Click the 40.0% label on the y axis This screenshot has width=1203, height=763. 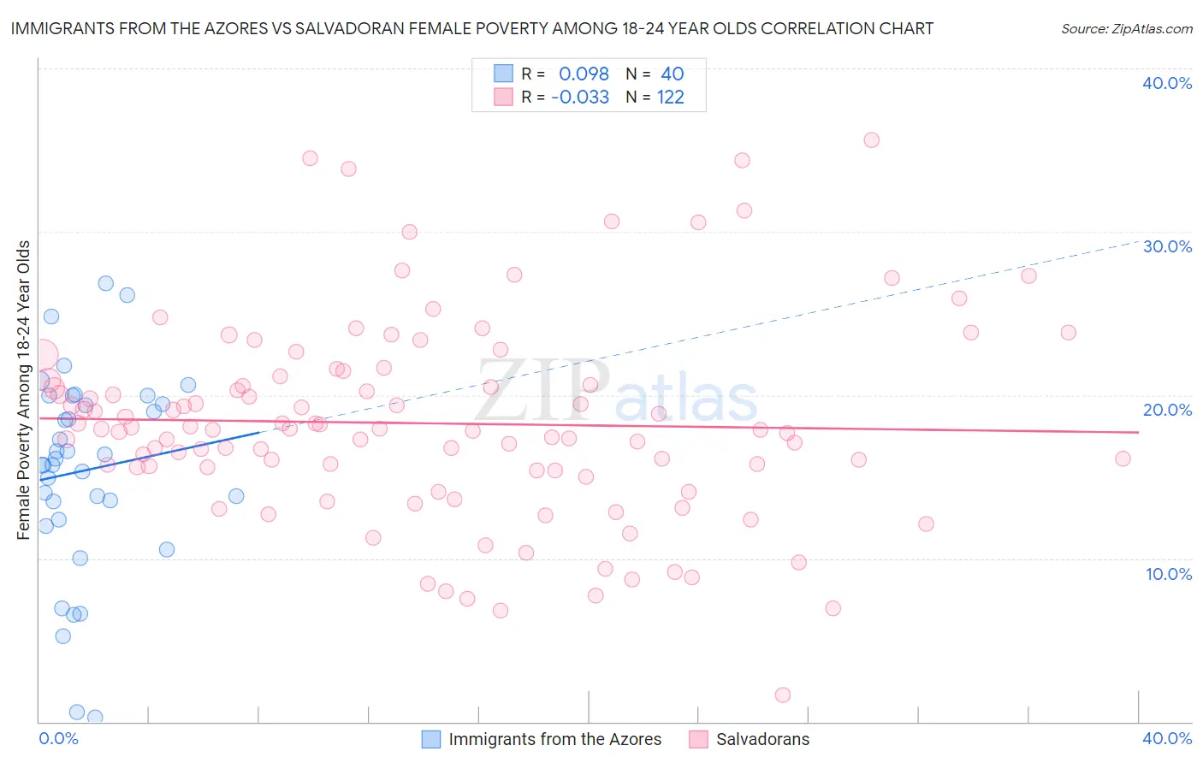coord(1167,83)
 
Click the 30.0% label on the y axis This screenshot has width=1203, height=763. coord(1167,246)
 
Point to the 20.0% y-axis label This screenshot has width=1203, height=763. coord(1167,410)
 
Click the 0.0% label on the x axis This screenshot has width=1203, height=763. coord(58,738)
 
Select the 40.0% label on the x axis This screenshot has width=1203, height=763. coord(1167,738)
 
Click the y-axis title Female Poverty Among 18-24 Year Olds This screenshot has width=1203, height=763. coord(24,390)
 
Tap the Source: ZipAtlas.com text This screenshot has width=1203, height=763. coord(1126,29)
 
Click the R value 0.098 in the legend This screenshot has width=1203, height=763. coord(584,74)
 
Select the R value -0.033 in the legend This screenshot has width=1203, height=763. coord(580,97)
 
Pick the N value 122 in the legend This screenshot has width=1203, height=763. coord(670,97)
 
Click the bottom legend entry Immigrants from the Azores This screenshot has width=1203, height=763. coord(554,739)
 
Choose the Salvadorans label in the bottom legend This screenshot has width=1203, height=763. coord(762,739)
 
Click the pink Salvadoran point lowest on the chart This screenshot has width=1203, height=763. coord(783,695)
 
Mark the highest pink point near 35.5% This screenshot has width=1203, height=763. coord(871,140)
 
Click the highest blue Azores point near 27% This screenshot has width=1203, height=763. coord(105,283)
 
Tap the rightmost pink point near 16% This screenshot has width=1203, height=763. coord(1123,458)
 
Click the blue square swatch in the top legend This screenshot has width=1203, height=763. coord(503,74)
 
